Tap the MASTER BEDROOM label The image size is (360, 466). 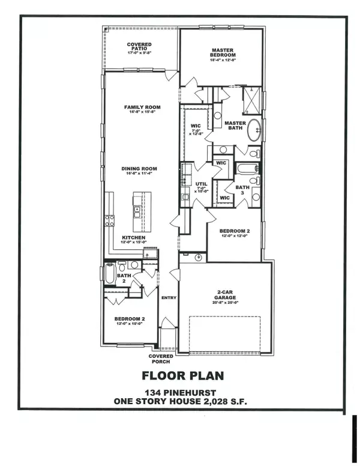tap(221, 52)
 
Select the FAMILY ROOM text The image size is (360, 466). tap(140, 107)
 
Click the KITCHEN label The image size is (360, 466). tap(134, 238)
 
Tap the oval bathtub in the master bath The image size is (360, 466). tap(254, 130)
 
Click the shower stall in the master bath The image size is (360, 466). tap(252, 100)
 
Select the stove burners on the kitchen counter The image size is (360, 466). tap(109, 220)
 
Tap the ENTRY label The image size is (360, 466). tap(169, 298)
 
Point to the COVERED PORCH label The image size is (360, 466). tap(160, 359)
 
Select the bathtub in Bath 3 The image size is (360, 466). tap(246, 169)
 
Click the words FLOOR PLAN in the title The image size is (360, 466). tap(182, 377)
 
